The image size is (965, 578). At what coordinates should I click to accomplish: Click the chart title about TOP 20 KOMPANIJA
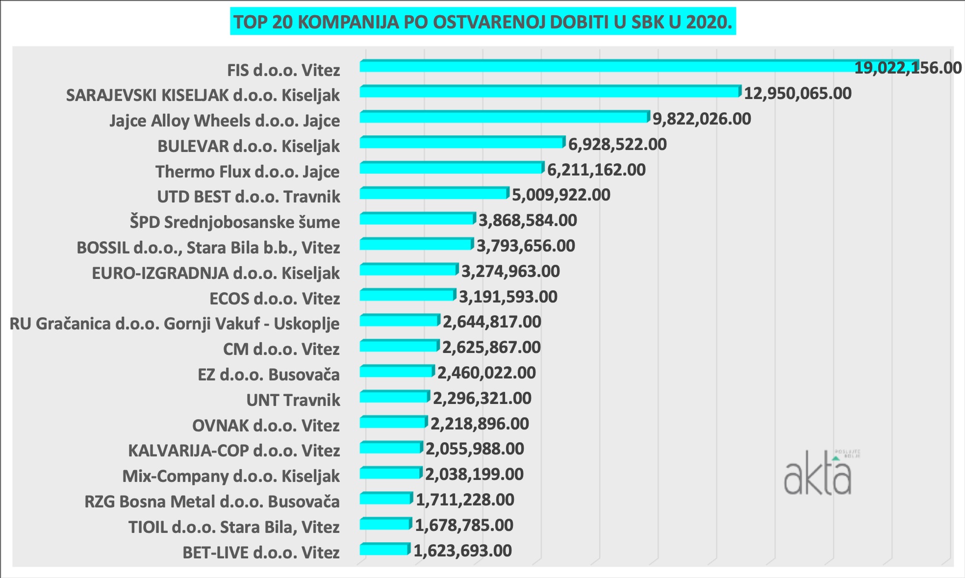pos(482,22)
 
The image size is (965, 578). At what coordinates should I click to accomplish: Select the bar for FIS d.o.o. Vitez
pos(637,66)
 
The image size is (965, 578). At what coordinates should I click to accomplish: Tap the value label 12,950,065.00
pos(798,93)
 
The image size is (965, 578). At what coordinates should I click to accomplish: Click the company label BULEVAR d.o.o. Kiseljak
pos(249,146)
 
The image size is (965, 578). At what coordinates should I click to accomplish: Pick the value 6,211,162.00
pos(596,170)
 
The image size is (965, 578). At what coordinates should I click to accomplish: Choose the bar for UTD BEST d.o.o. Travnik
pos(434,193)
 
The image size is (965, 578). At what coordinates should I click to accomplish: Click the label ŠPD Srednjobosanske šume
pos(235,222)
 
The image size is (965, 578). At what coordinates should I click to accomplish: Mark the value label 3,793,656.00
pos(526,246)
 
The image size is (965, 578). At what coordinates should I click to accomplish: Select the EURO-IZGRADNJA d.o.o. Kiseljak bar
pos(408,269)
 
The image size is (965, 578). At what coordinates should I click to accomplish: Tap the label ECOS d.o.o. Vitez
pos(275,299)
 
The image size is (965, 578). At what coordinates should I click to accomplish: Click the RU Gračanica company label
pos(175,324)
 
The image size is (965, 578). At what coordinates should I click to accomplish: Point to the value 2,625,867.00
pos(491,347)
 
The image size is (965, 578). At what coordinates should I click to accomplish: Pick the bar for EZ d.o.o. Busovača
pos(397,371)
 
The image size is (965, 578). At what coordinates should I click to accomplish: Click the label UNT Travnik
pos(293,400)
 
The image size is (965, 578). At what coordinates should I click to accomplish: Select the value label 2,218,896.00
pos(480,424)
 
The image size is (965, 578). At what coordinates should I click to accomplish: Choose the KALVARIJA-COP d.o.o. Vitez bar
pos(391,447)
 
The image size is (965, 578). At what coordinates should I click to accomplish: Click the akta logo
pos(818,473)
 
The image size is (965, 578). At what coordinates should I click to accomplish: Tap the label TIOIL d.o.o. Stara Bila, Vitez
pos(234,527)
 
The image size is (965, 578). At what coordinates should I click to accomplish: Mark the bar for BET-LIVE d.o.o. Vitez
pos(384,549)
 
